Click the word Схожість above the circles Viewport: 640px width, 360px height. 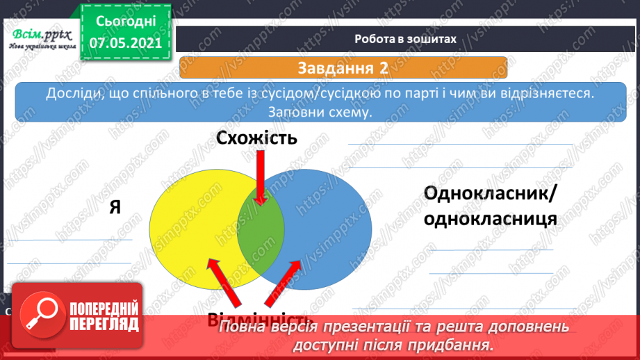click(x=256, y=138)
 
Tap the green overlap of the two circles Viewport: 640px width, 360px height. click(x=261, y=229)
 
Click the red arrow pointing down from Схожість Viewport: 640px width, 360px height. click(x=261, y=177)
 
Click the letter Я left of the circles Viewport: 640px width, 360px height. click(x=115, y=208)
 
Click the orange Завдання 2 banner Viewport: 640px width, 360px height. click(x=343, y=68)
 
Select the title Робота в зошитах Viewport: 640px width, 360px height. click(x=404, y=40)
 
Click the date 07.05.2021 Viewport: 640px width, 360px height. click(x=126, y=44)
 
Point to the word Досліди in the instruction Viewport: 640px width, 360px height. click(x=72, y=94)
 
